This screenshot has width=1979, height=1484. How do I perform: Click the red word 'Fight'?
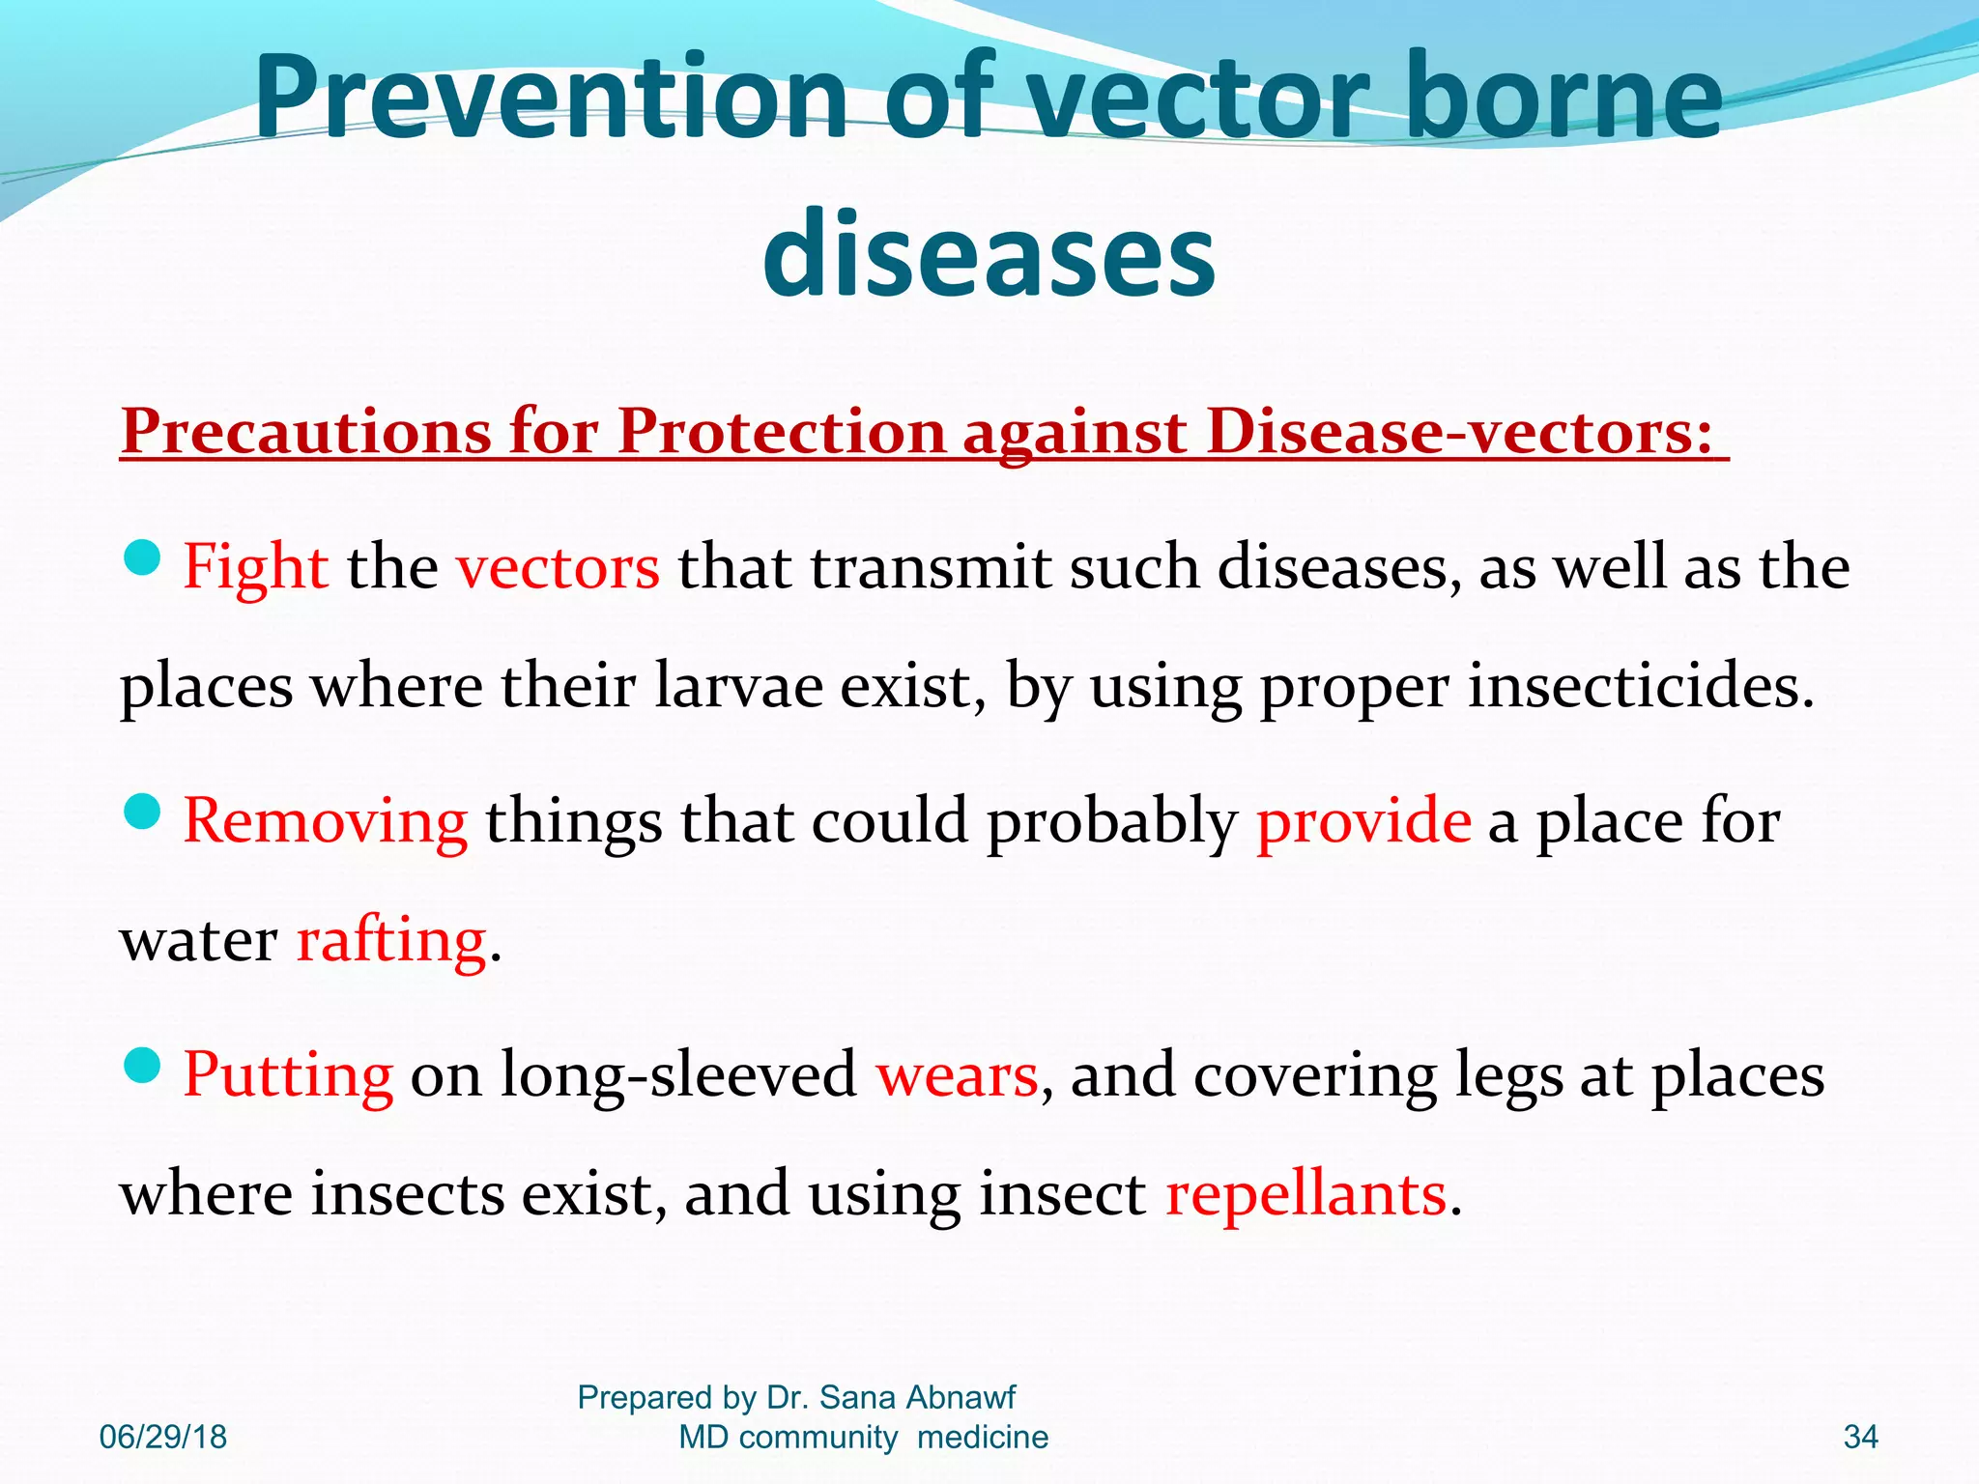[256, 567]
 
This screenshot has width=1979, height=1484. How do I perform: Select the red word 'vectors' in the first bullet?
[559, 567]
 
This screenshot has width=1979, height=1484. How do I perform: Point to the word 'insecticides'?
[1641, 686]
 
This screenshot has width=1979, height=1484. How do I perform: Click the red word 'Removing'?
[326, 821]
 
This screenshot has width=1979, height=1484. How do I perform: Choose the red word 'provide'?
[1363, 821]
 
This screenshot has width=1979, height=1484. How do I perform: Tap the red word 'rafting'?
[391, 940]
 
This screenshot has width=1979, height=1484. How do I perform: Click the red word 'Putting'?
[288, 1074]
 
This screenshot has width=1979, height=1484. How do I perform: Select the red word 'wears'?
[957, 1074]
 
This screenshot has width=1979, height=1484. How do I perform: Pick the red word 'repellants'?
[1305, 1194]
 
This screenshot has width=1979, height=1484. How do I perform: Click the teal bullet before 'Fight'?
[143, 558]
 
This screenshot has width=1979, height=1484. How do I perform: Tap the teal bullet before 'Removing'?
[143, 813]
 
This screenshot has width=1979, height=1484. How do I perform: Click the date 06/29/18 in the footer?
[163, 1437]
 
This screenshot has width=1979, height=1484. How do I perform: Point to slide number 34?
[1860, 1437]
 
